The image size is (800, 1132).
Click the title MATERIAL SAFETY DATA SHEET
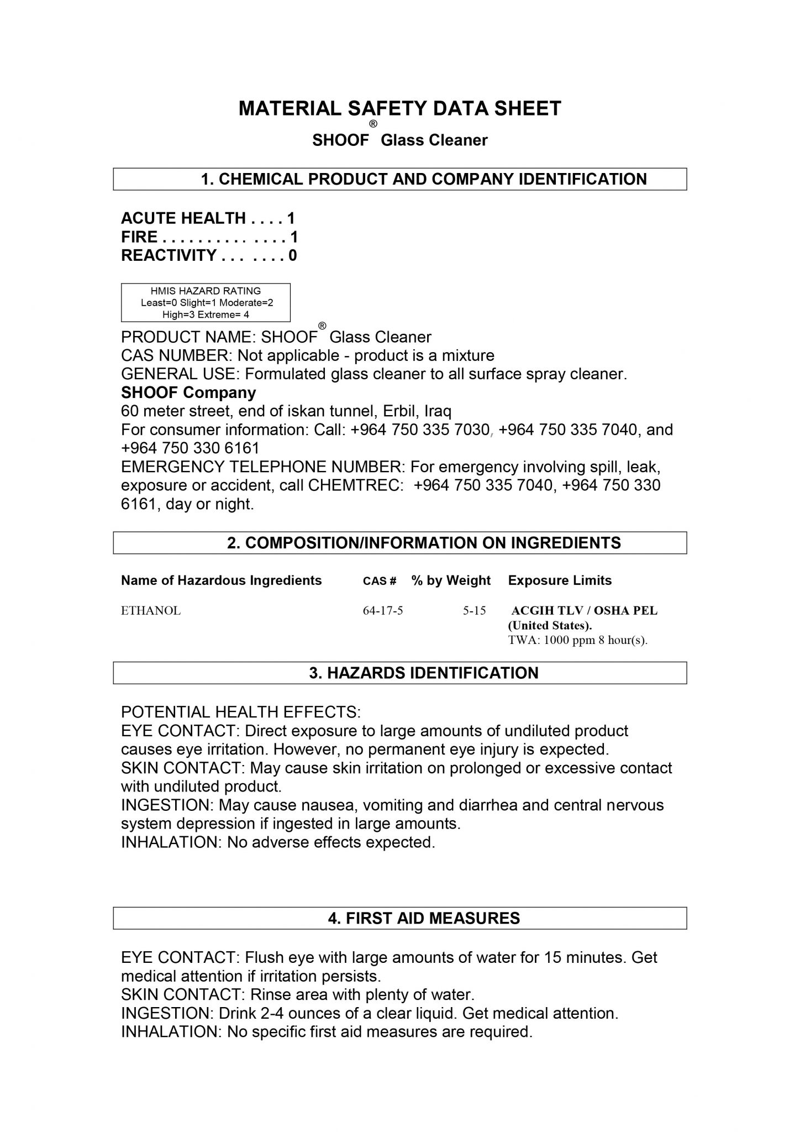[x=399, y=108]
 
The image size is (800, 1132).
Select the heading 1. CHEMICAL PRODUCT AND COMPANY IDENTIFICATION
[x=424, y=179]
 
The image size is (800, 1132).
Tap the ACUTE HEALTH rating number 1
[x=291, y=218]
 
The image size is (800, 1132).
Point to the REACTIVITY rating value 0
[x=293, y=255]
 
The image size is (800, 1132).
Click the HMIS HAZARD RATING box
[x=206, y=302]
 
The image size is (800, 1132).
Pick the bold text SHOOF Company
[x=188, y=393]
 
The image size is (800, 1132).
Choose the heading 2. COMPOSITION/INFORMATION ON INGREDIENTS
[x=424, y=543]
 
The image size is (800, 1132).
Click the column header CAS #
[x=380, y=581]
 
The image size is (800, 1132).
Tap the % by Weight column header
[x=451, y=580]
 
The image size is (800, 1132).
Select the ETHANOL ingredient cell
[x=151, y=611]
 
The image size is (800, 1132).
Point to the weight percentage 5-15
[x=474, y=611]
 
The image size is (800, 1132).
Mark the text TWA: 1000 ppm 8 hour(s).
[x=577, y=641]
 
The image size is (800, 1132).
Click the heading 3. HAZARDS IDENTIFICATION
[x=424, y=673]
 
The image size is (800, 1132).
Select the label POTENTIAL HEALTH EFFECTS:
[x=241, y=712]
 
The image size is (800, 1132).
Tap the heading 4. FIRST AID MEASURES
[x=424, y=918]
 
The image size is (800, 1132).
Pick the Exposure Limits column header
[x=560, y=580]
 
